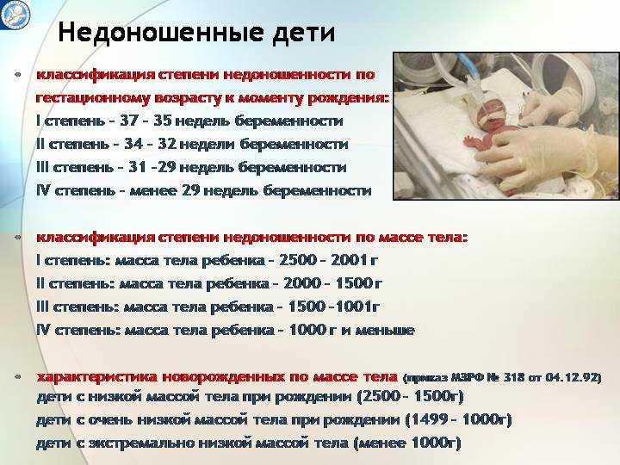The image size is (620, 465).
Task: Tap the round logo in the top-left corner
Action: click(15, 13)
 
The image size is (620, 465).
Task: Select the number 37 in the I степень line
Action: click(128, 121)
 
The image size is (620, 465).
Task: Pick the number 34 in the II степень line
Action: click(133, 144)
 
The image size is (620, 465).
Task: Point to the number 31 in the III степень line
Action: click(137, 167)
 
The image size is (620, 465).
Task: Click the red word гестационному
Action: click(93, 98)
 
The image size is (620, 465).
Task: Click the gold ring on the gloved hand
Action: click(521, 161)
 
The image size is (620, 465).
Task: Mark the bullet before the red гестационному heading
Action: click(17, 74)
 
